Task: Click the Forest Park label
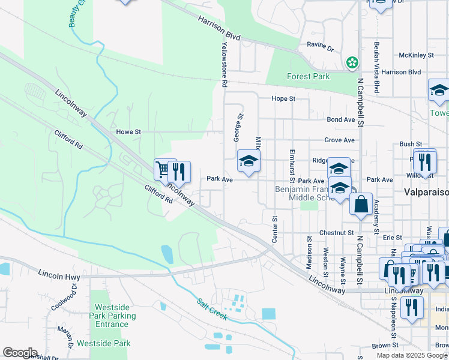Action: coord(309,77)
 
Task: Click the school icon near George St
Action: coord(248,161)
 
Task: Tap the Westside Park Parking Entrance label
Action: coord(112,316)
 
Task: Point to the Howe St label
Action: coord(128,131)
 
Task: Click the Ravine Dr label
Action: coord(320,46)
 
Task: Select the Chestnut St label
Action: coord(337,232)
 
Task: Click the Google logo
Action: coord(20,353)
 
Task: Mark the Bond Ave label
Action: coord(341,119)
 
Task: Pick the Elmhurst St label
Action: coord(292,166)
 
